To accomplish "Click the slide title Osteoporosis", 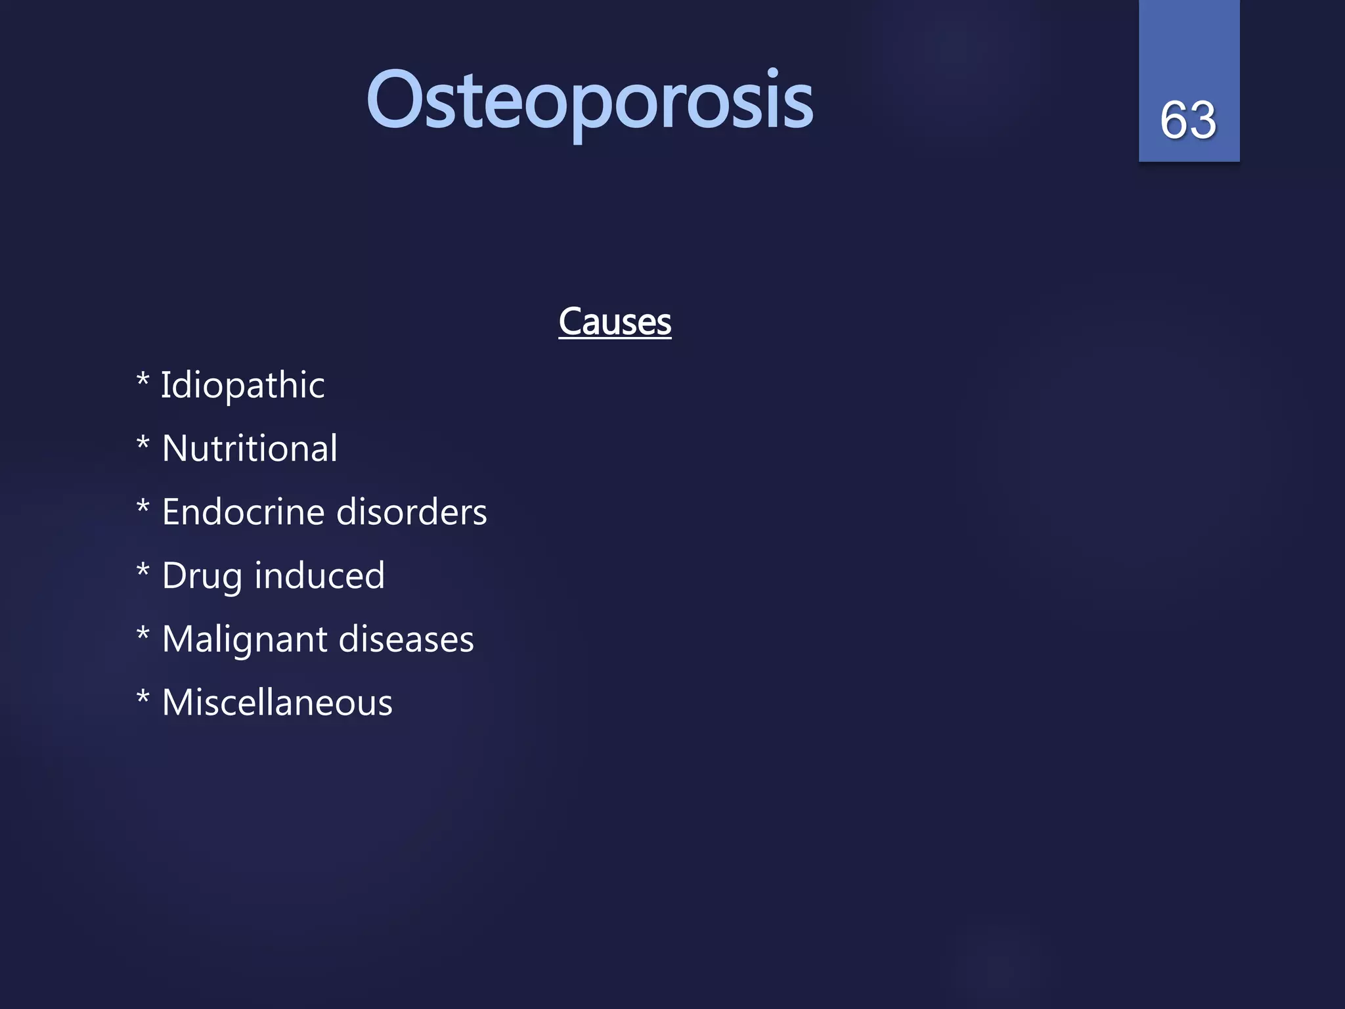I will [589, 102].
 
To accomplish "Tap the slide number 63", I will [1188, 120].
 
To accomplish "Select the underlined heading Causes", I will [615, 322].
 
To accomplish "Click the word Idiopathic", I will [242, 385].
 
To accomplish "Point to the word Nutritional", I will [250, 449].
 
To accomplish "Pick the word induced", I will [319, 576].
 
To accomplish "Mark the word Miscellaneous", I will [277, 703].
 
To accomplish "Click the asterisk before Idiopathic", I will [143, 379].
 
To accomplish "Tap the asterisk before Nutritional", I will [143, 443].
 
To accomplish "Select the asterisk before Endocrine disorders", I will [143, 506].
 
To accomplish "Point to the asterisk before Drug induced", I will [143, 570].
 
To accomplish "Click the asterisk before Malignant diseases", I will [143, 634].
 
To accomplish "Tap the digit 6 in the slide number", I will [1174, 120].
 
